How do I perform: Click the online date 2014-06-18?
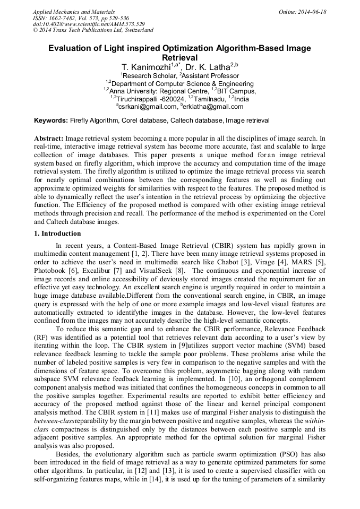pos(311,12)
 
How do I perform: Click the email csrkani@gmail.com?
pos(148,107)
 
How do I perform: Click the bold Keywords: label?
pos(50,121)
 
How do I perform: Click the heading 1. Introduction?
pos(57,234)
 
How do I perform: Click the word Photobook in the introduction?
pos(51,270)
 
